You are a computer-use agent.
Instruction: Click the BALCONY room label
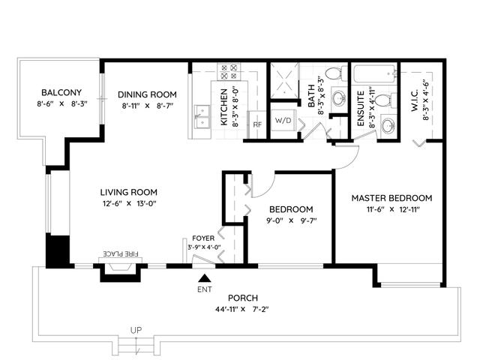click(x=61, y=92)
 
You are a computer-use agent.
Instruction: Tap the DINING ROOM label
click(x=147, y=94)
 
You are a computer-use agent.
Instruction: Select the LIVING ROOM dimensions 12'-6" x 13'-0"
click(x=130, y=203)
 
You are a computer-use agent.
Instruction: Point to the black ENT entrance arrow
click(x=205, y=278)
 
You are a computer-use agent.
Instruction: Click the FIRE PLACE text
click(x=121, y=253)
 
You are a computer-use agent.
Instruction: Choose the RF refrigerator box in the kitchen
click(x=256, y=124)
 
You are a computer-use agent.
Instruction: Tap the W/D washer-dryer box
click(x=283, y=120)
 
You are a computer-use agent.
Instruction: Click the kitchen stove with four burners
click(x=229, y=72)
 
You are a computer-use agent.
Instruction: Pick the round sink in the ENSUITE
click(x=388, y=125)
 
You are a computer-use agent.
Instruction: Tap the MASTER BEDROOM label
click(x=391, y=198)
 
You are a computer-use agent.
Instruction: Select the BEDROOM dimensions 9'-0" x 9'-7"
click(x=291, y=220)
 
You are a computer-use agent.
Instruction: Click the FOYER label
click(x=203, y=238)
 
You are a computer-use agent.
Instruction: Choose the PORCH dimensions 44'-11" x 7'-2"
click(x=241, y=309)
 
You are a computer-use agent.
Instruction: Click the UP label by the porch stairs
click(x=136, y=330)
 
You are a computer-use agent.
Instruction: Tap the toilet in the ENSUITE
click(x=385, y=100)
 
